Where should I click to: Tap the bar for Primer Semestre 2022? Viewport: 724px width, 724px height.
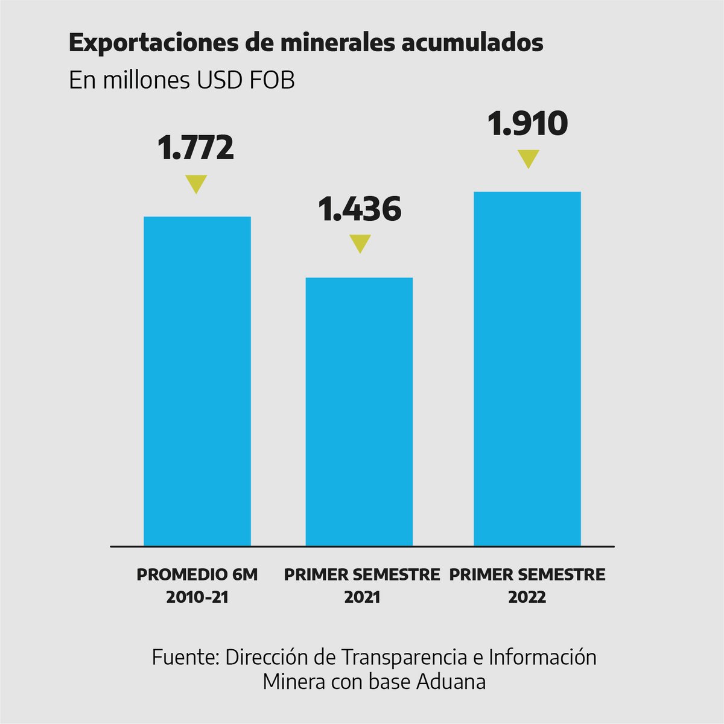pos(527,369)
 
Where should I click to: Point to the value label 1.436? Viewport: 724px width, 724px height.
pos(360,209)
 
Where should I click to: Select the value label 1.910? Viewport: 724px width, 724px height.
pos(527,123)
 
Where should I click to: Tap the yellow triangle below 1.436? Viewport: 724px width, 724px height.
pos(360,243)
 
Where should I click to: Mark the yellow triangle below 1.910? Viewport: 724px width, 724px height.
pos(529,159)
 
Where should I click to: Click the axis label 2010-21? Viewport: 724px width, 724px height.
pos(197,597)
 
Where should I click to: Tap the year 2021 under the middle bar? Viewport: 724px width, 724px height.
pos(362,597)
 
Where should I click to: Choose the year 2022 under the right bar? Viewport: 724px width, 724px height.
pos(527,597)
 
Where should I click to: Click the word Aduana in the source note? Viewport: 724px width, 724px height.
pos(451,682)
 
